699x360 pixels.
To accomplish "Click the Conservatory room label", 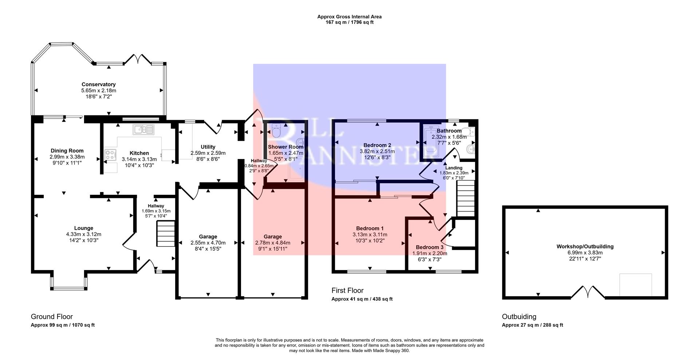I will coord(99,84).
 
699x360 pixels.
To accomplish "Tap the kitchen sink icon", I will coord(144,129).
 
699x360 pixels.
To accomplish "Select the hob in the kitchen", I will coord(110,155).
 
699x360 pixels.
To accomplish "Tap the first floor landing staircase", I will coord(466,199).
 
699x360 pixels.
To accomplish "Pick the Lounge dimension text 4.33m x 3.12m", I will coord(84,234).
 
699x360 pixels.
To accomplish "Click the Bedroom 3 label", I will coord(430,247).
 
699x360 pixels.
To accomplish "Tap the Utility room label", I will coord(208,147).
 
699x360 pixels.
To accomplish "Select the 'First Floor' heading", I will coord(347,290).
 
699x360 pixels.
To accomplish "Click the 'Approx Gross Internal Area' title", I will coord(349,17).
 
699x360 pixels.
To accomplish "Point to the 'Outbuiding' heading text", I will coord(519,317).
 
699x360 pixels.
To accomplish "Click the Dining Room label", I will coord(67,151).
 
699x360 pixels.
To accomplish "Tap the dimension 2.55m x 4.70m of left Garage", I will coord(208,243).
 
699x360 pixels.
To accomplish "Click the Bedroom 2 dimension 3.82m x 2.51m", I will coord(377,151).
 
